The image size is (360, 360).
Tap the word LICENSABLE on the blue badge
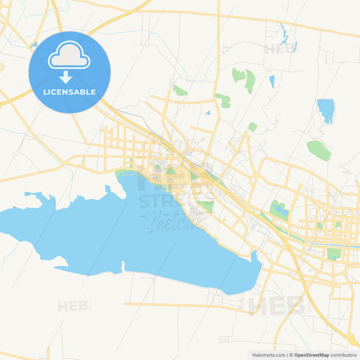[70, 92]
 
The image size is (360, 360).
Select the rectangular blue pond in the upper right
[326, 110]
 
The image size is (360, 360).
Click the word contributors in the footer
[344, 355]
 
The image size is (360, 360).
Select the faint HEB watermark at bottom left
[74, 307]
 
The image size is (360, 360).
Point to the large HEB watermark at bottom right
[277, 305]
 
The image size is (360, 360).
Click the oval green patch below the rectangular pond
[319, 150]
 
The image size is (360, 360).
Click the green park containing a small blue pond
[278, 210]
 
